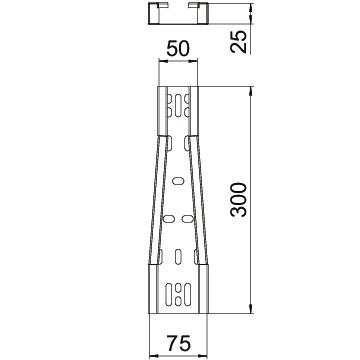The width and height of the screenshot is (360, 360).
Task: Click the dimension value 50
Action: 178,49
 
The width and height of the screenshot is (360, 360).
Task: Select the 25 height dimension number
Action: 239,41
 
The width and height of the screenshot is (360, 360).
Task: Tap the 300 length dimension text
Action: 239,200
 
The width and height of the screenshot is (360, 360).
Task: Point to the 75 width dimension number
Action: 179,343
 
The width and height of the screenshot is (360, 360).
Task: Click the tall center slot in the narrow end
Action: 178,106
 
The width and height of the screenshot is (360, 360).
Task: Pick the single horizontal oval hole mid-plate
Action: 178,181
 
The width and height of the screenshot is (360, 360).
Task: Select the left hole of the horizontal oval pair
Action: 169,219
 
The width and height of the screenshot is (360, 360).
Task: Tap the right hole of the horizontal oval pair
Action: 187,219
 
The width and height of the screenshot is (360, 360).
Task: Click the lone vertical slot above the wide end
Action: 178,256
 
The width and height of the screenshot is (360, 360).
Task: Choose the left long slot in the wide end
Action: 169,295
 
